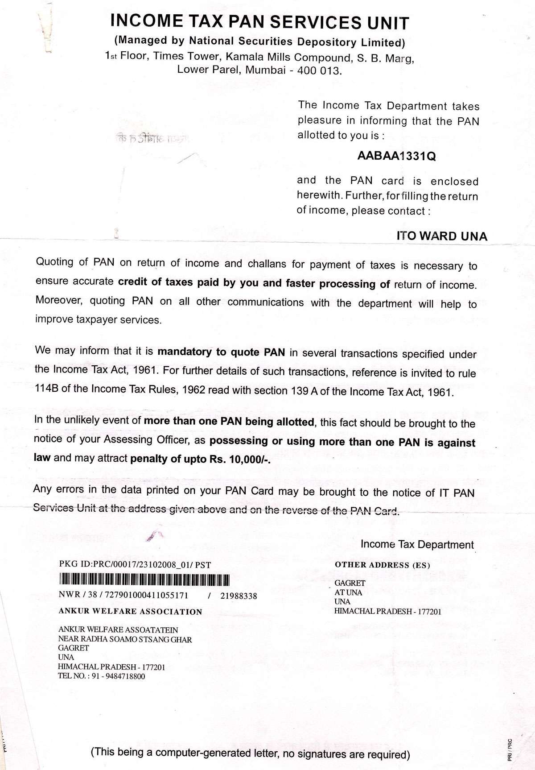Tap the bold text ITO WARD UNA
click(442, 236)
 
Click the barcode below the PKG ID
click(144, 580)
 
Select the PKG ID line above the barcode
click(135, 565)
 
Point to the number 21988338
click(239, 596)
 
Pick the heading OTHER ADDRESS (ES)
click(382, 565)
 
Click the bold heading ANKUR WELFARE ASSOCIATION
click(130, 612)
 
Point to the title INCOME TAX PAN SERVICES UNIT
click(259, 22)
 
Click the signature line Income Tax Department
click(417, 544)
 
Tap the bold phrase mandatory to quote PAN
click(221, 352)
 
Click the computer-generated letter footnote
click(250, 753)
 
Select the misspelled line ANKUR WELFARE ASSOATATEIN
click(118, 630)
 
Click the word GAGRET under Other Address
click(350, 583)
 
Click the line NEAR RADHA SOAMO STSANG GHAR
click(125, 639)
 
